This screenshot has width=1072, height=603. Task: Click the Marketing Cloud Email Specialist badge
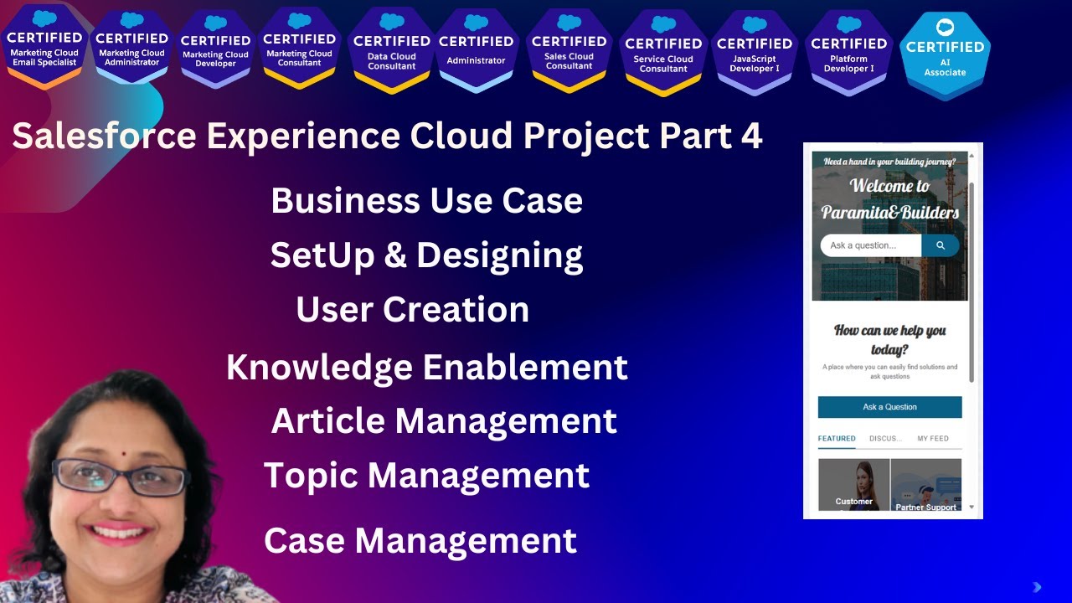click(44, 47)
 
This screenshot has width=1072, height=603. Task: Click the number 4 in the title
click(750, 136)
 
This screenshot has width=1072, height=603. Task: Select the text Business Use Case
click(426, 201)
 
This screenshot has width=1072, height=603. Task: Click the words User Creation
click(412, 310)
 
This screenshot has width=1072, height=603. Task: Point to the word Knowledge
click(319, 368)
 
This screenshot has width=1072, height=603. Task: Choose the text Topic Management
click(426, 476)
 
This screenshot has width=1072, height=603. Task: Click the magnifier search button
click(941, 245)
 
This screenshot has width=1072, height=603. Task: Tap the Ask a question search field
click(869, 245)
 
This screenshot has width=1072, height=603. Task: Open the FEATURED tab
click(836, 438)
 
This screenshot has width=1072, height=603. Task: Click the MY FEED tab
click(932, 438)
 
